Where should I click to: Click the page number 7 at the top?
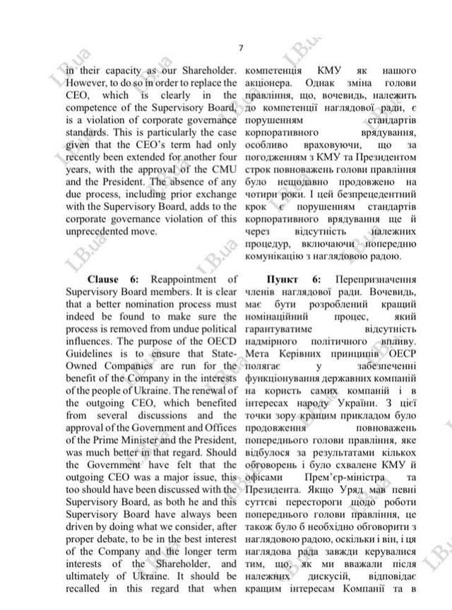(240, 48)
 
